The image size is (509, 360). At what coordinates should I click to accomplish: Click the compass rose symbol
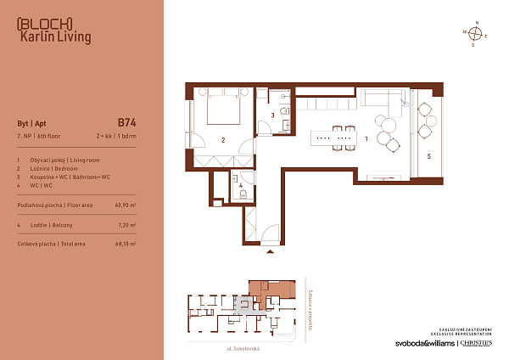(x=477, y=33)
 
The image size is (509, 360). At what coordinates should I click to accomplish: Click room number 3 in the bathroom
(x=273, y=115)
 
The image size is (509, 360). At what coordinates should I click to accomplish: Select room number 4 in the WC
(x=242, y=184)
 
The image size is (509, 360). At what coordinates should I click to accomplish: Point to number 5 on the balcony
(x=429, y=156)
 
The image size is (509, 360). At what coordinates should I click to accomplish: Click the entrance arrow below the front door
(x=271, y=252)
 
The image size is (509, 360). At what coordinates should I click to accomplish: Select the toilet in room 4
(x=243, y=194)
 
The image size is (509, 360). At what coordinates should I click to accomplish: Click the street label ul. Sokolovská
(x=242, y=348)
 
